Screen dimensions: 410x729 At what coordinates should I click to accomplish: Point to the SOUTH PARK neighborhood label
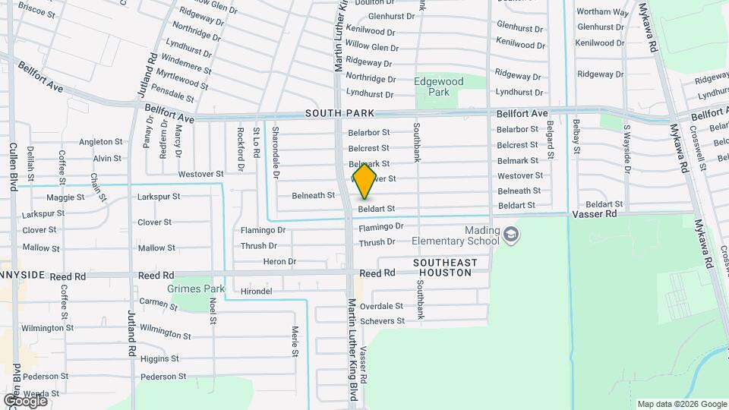340,113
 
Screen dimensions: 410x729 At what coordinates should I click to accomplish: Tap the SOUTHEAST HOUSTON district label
446,267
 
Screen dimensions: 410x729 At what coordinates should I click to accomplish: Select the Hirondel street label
256,292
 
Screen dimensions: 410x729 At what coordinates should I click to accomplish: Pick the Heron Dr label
279,262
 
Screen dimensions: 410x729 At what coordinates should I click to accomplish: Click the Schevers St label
382,321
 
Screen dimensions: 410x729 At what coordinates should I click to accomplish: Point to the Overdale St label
381,307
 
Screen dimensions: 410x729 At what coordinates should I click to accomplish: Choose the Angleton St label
101,142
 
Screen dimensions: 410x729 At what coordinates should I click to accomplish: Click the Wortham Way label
602,12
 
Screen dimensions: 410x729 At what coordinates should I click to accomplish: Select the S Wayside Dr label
626,149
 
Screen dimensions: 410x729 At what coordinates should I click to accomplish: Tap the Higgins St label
159,359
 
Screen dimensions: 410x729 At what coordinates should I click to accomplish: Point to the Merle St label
295,341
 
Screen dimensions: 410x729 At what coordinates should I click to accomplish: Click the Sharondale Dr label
276,153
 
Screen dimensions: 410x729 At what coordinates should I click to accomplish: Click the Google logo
25,400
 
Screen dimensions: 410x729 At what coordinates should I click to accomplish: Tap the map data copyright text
681,404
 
